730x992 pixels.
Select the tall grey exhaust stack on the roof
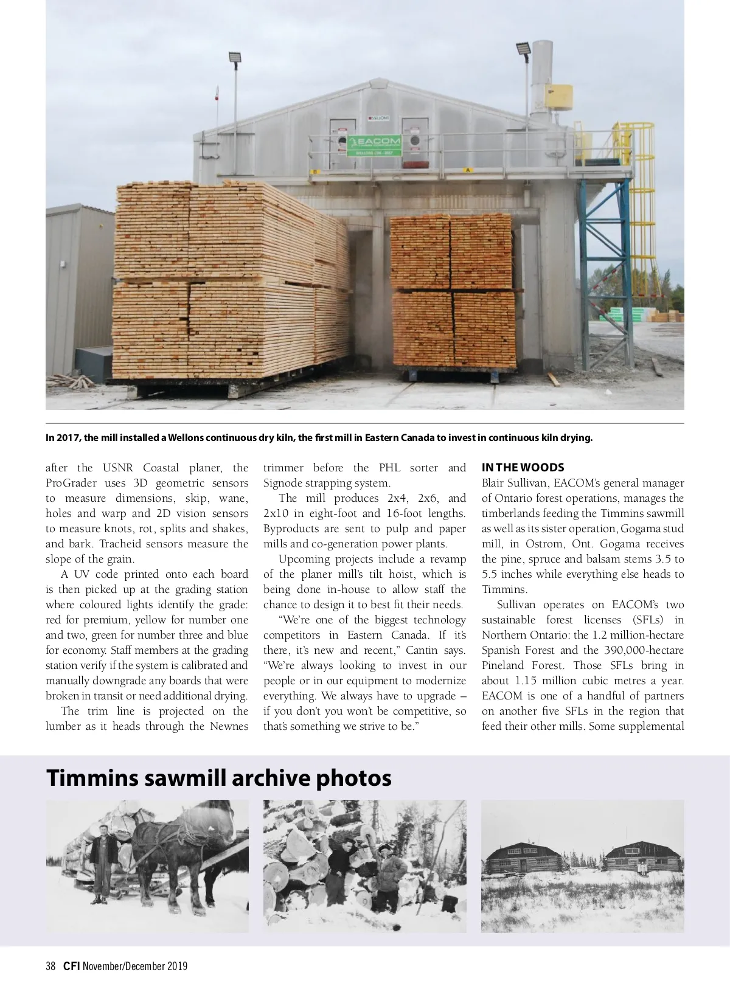[x=541, y=79]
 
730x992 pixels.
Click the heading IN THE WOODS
[x=523, y=468]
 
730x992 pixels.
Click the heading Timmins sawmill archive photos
[x=218, y=778]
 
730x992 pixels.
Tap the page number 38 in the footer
[x=50, y=966]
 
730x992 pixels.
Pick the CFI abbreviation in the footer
[x=71, y=966]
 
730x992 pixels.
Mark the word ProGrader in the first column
[x=71, y=483]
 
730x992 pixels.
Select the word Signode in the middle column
[x=283, y=483]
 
